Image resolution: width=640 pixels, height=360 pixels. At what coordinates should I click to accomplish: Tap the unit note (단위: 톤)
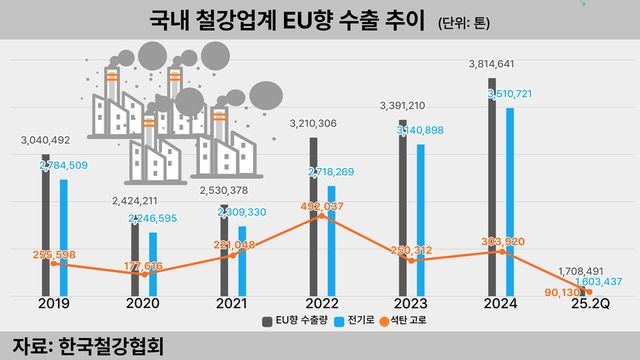pos(471,22)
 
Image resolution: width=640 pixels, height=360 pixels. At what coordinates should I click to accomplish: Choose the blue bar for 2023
pos(420,220)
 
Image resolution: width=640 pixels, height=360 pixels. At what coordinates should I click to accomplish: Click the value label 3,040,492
pos(46,141)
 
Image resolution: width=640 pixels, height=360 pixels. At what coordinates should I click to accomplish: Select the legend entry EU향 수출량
pos(299,323)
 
